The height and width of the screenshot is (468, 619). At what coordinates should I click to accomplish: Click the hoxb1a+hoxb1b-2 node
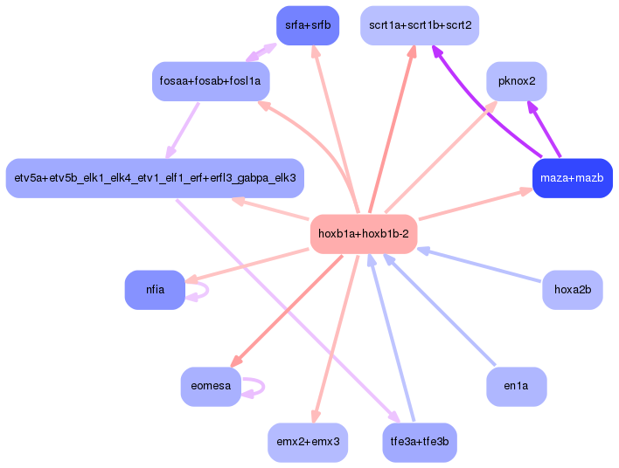click(364, 234)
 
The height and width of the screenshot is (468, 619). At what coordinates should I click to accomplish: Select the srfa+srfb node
click(308, 25)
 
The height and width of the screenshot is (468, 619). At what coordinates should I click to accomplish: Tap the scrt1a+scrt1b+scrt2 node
click(420, 25)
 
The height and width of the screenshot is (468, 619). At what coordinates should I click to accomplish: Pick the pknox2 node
click(517, 81)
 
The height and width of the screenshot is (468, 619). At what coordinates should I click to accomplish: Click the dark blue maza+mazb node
click(573, 178)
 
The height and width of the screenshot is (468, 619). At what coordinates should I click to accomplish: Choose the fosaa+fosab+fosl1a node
click(211, 81)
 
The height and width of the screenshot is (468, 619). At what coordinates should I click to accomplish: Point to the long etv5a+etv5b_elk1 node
click(155, 178)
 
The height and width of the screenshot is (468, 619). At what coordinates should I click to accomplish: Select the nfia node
click(155, 290)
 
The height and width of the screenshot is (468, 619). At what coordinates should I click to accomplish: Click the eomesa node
click(211, 387)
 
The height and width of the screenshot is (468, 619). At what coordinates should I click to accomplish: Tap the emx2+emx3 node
click(308, 443)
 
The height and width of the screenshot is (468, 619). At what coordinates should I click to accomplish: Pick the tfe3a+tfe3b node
click(420, 443)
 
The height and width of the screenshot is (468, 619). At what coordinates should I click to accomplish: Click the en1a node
click(517, 387)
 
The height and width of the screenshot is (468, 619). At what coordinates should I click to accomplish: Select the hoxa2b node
click(573, 290)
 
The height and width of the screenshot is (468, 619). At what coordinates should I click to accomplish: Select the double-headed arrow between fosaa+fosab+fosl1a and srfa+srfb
click(261, 52)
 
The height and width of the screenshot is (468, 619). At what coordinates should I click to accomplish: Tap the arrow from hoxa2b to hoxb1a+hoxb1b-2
click(479, 265)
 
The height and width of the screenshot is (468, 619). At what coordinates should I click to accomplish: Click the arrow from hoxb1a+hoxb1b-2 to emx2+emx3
click(337, 339)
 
